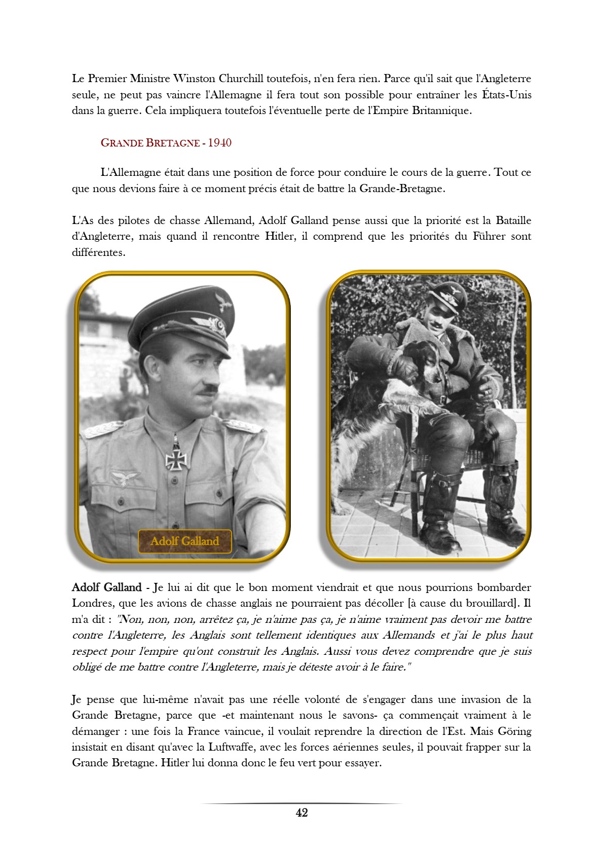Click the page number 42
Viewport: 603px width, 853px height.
[x=301, y=812]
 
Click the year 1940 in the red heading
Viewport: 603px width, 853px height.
[x=219, y=142]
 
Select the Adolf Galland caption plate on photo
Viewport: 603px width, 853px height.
[x=184, y=541]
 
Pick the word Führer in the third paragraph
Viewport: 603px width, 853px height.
[x=489, y=236]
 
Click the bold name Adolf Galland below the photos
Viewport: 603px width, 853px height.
[x=106, y=587]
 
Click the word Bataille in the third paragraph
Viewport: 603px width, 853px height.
[x=513, y=220]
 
